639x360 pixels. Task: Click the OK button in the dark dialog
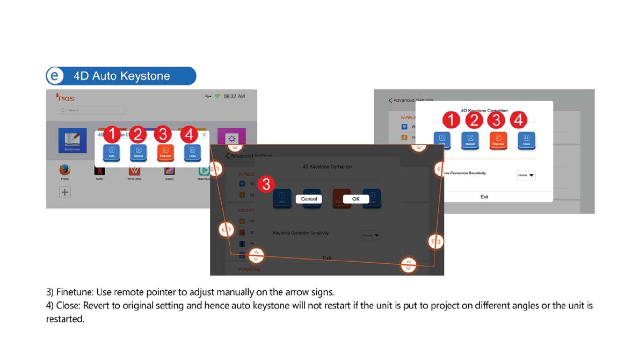(x=355, y=199)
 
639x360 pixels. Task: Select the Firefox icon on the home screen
(x=65, y=171)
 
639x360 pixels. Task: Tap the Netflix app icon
(x=100, y=171)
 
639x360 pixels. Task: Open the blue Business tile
(x=72, y=140)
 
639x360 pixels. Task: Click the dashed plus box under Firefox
(x=65, y=192)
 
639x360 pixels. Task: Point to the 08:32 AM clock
(x=234, y=96)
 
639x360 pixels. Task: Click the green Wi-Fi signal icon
(x=217, y=96)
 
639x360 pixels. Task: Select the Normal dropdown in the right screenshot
(x=526, y=175)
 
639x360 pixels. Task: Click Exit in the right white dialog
(x=484, y=197)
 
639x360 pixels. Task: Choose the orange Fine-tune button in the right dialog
(x=498, y=140)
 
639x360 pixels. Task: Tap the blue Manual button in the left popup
(x=139, y=152)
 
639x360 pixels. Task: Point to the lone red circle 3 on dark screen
(x=266, y=184)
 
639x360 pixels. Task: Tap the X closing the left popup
(x=204, y=135)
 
